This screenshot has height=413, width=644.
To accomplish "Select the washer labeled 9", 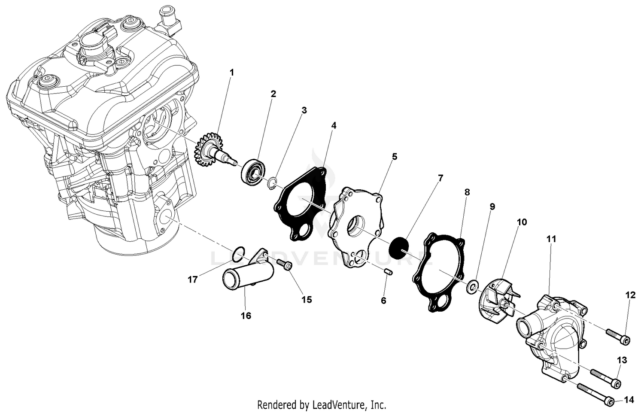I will click(x=473, y=286).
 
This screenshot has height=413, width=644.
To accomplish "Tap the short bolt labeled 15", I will click(x=284, y=264).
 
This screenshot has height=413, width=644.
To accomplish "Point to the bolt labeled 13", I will click(x=605, y=377).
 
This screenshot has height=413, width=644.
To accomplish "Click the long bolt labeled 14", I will click(x=595, y=394).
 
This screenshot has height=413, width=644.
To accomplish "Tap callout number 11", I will click(x=551, y=239).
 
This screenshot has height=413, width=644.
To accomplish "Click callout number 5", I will click(x=394, y=157).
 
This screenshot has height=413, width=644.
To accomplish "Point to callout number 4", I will click(x=334, y=125).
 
